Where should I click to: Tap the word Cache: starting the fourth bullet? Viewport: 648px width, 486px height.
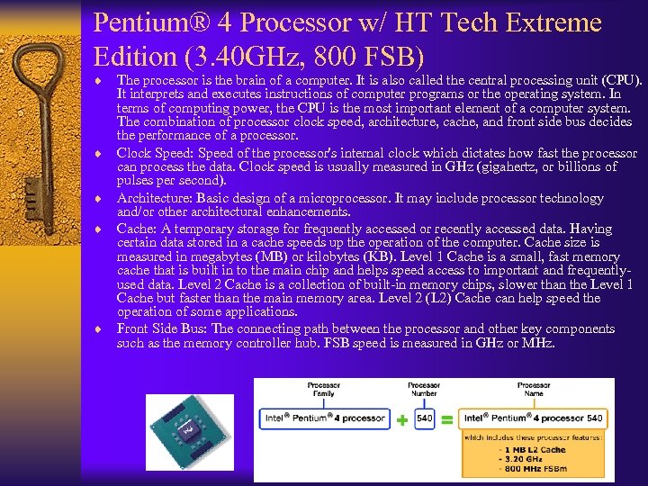click(x=138, y=229)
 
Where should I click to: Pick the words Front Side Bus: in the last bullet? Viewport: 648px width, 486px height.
click(x=162, y=328)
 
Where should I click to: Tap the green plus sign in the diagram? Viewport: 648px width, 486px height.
click(x=401, y=419)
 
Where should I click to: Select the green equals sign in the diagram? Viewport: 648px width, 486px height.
click(x=446, y=419)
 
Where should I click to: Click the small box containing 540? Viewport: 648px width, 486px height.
click(x=424, y=418)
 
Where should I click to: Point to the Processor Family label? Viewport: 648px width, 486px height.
click(x=322, y=389)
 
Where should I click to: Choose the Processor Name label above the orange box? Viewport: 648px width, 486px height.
click(x=534, y=389)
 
